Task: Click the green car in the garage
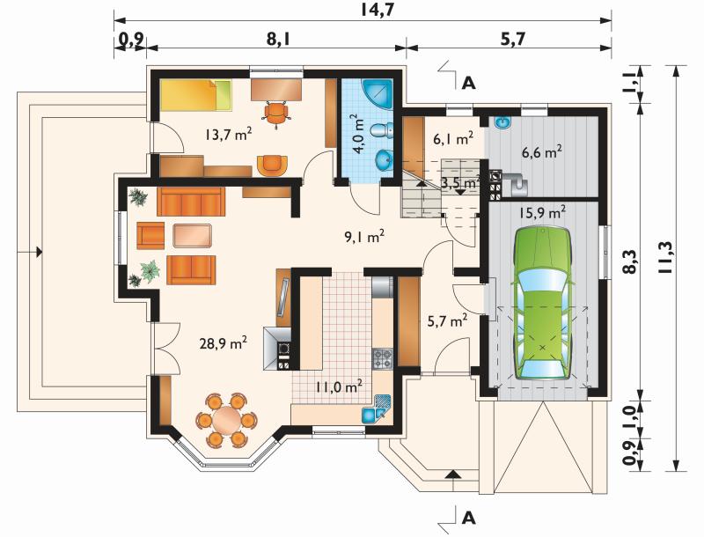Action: pyautogui.click(x=542, y=305)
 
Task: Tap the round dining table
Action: pyautogui.click(x=226, y=420)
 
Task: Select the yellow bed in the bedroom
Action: pyautogui.click(x=195, y=95)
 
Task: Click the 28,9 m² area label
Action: pyautogui.click(x=224, y=344)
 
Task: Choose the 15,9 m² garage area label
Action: pyautogui.click(x=542, y=212)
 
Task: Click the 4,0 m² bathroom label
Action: pyautogui.click(x=358, y=134)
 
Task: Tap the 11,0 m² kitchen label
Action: pyautogui.click(x=339, y=386)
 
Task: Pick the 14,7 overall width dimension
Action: pyautogui.click(x=378, y=10)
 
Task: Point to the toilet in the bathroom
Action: pyautogui.click(x=382, y=130)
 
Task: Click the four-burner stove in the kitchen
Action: pyautogui.click(x=383, y=358)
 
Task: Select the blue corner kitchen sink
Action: pyautogui.click(x=377, y=408)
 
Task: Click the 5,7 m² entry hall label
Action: pyautogui.click(x=446, y=321)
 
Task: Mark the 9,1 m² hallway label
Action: pyautogui.click(x=364, y=236)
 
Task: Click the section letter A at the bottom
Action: pyautogui.click(x=468, y=518)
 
